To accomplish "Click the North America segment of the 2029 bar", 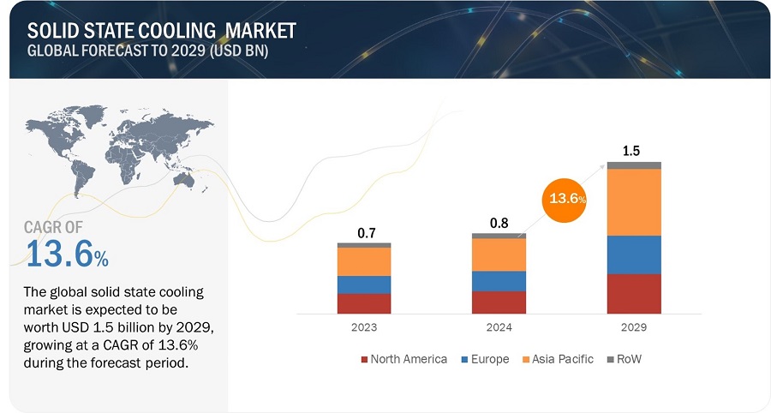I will pos(634,293).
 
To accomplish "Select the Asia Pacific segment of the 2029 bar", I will pos(634,201).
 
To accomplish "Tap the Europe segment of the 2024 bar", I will pos(499,280).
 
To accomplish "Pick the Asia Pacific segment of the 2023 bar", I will pos(364,261).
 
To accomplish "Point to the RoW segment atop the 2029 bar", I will pos(634,165).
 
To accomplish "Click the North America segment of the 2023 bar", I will pos(364,303).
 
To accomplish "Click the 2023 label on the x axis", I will pos(364,327).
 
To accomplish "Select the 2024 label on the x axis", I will pos(499,327).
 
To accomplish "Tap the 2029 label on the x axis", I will pos(634,327).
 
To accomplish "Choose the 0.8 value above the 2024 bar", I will pos(499,223).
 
